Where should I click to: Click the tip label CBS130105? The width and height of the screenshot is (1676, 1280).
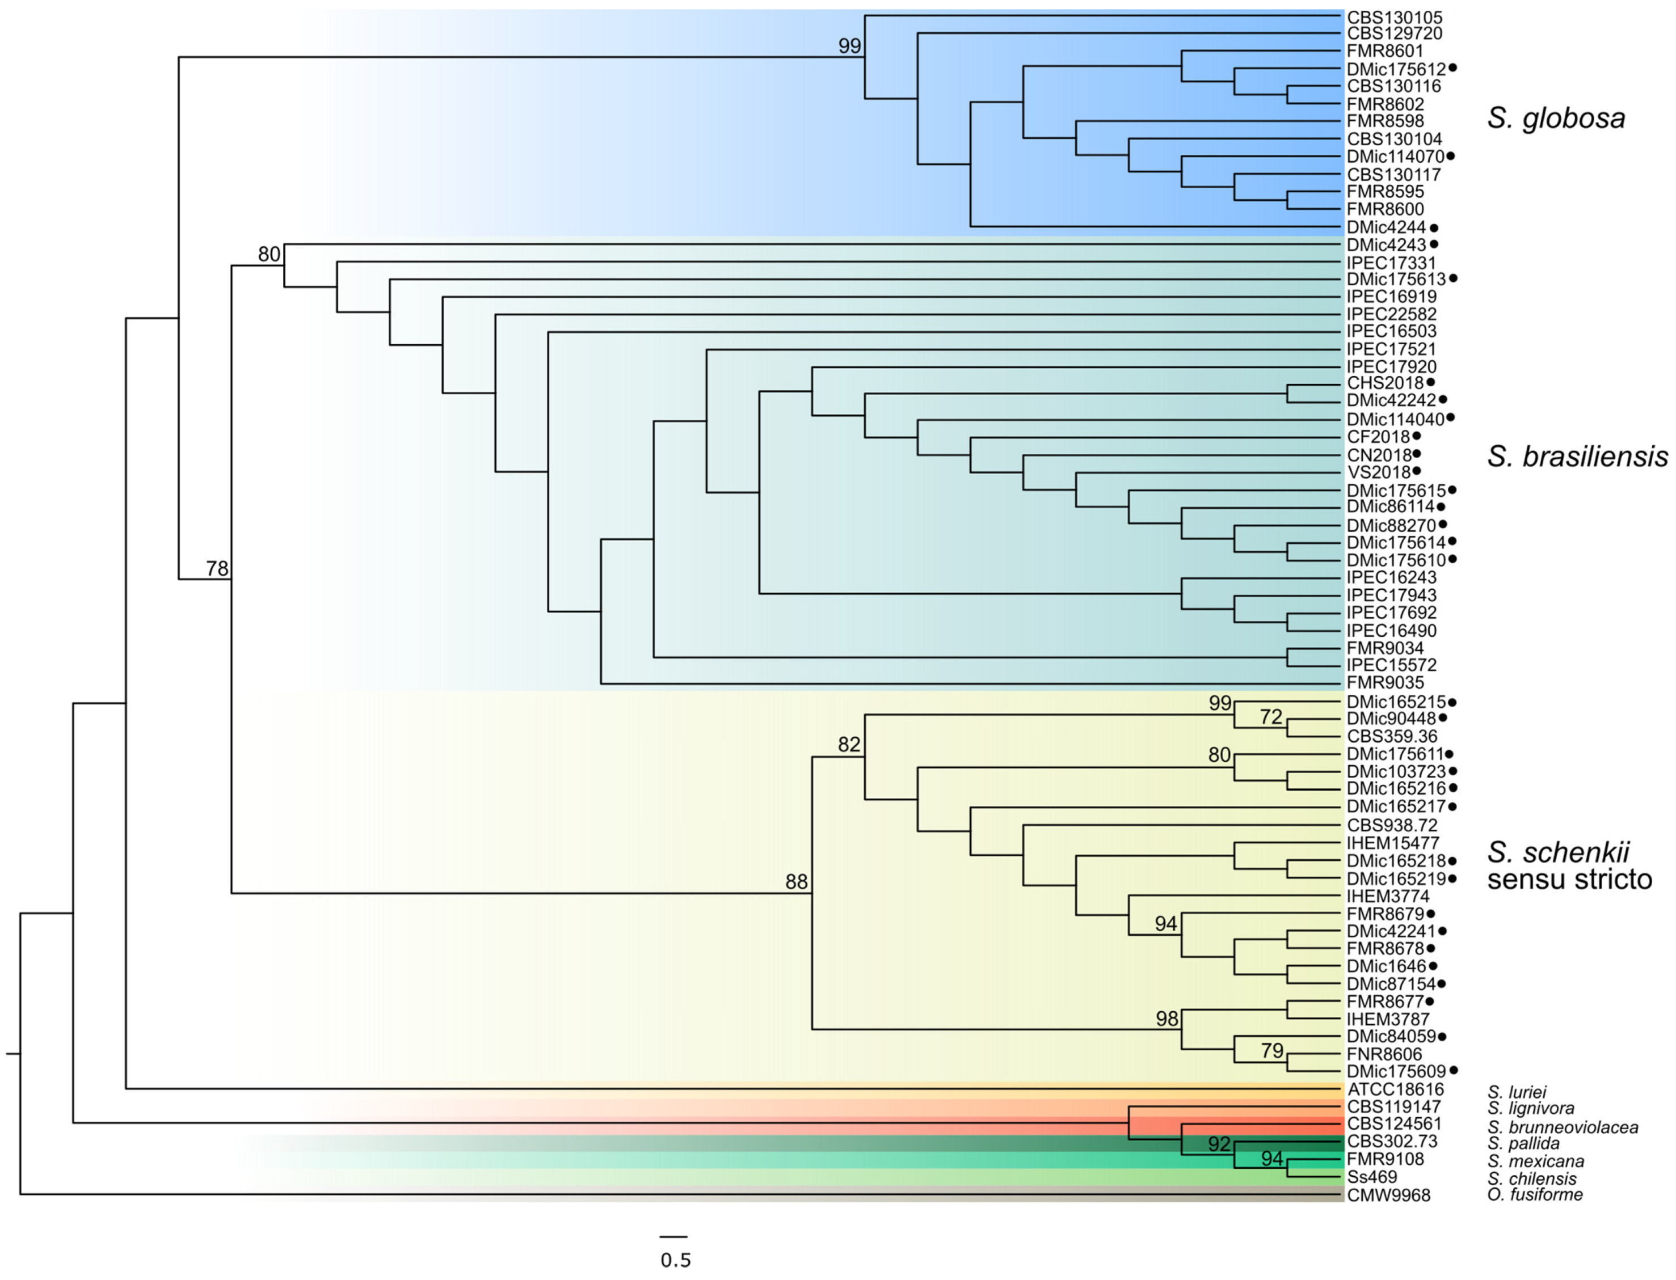[1394, 17]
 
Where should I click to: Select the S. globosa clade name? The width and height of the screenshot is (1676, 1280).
[1556, 118]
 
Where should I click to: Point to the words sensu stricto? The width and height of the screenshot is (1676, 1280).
[1569, 879]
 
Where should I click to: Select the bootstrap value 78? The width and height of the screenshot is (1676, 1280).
[217, 568]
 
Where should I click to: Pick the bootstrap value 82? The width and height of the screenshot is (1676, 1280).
[848, 745]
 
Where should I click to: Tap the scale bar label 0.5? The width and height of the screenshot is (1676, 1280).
[675, 1260]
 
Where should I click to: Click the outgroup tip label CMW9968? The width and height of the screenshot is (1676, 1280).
[1388, 1195]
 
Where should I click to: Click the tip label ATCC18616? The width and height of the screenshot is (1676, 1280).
[1395, 1089]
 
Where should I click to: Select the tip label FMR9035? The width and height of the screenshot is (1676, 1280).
[1385, 683]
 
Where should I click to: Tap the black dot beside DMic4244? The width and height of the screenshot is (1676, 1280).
[1434, 227]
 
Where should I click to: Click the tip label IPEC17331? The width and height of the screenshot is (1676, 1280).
[1391, 263]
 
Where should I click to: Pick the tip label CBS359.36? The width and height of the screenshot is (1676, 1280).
[1392, 736]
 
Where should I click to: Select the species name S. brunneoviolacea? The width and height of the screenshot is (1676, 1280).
[1563, 1127]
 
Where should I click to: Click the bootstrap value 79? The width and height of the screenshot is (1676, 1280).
[1271, 1051]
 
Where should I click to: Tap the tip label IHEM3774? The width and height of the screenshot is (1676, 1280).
[1388, 896]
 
